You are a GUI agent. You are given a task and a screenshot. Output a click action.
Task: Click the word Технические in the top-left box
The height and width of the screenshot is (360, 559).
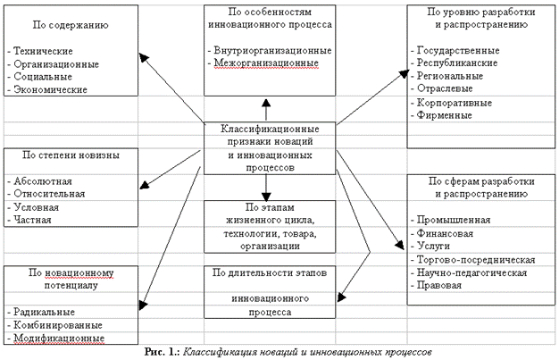[44, 52]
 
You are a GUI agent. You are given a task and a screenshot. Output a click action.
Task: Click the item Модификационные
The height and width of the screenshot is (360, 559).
[53, 338]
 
